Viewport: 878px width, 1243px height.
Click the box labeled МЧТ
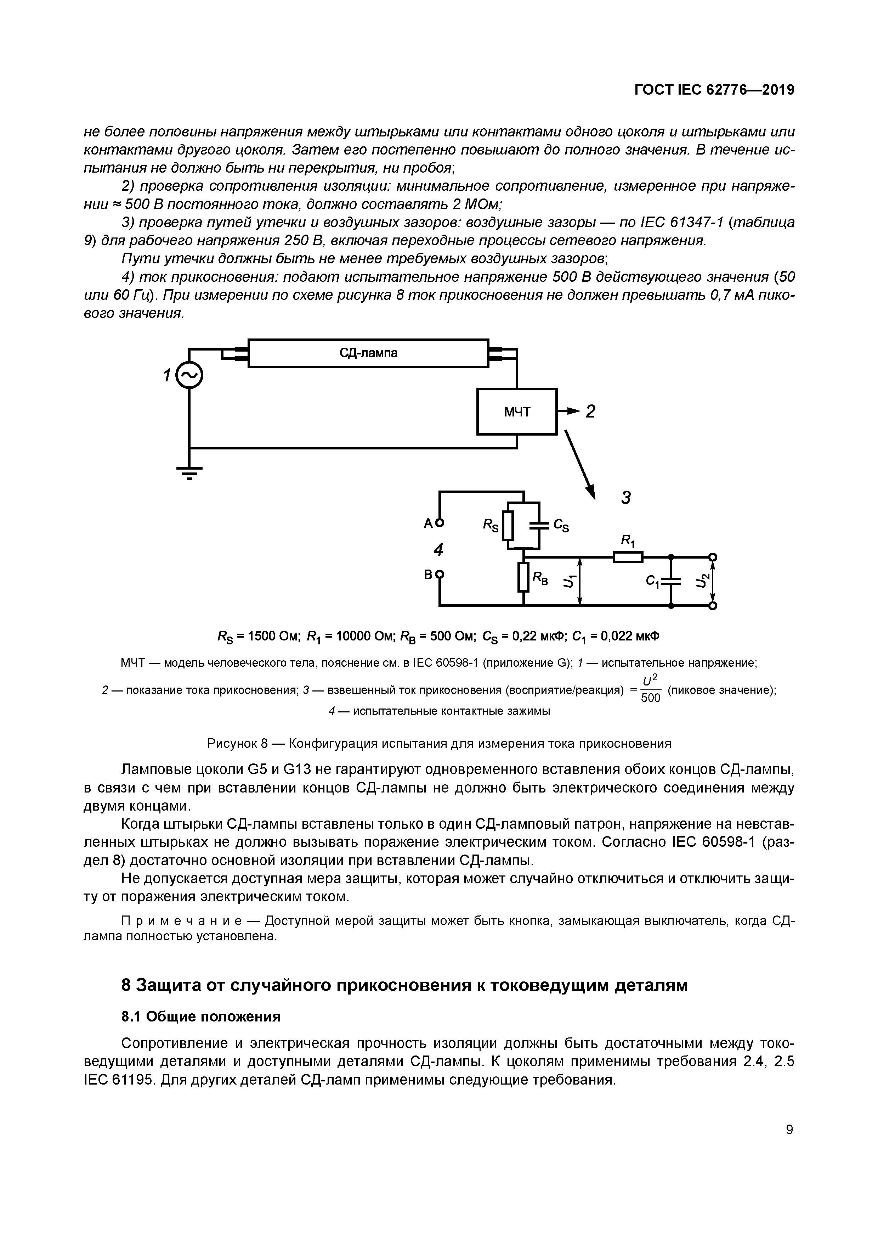(517, 412)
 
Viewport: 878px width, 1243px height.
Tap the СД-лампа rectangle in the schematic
(368, 353)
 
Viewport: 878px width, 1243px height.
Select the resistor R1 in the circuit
(628, 557)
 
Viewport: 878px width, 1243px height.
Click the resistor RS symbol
(508, 526)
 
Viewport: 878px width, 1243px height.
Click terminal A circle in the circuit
(440, 523)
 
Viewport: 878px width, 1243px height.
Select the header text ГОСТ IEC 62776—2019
(714, 90)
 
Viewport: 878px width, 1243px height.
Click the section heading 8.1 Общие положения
(201, 1017)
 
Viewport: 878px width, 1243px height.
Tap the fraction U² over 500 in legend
(650, 690)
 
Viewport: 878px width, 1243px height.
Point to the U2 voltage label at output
(701, 581)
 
